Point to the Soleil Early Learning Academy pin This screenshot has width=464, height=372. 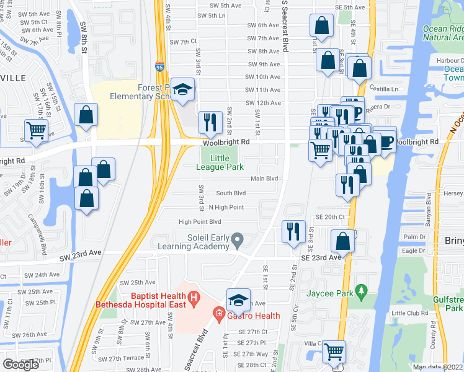click(x=236, y=239)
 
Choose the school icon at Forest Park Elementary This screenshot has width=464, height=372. click(x=182, y=91)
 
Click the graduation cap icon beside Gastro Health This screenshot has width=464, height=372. click(x=238, y=301)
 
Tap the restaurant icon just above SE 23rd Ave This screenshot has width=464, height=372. click(x=293, y=232)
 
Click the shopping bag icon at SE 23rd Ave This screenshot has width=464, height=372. click(x=342, y=241)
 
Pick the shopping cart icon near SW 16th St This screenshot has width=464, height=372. click(x=37, y=131)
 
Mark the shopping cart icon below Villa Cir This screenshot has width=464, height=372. click(x=334, y=352)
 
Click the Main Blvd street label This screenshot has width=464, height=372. click(x=264, y=179)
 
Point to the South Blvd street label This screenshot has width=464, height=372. click(x=231, y=193)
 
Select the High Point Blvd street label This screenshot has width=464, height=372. click(x=200, y=221)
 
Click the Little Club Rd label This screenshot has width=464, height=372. click(x=410, y=313)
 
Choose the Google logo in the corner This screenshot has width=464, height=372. click(x=20, y=365)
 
